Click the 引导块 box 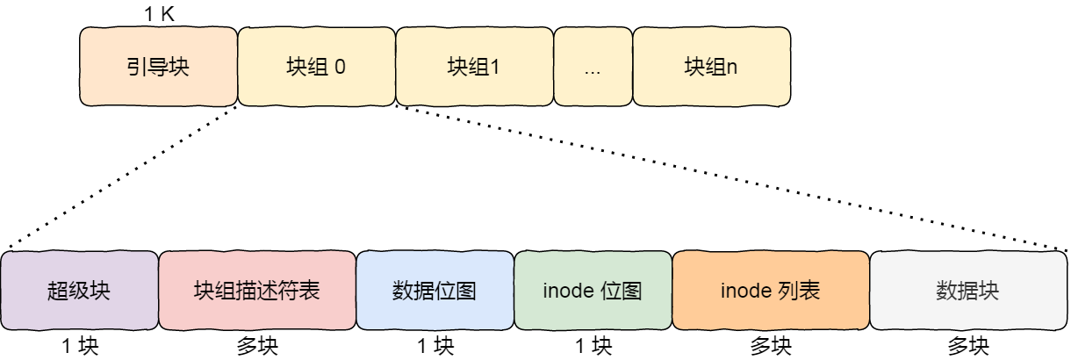pos(158,68)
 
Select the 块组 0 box pos(316,68)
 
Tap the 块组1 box pos(474,68)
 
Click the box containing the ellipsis pos(593,68)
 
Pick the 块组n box pos(711,68)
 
